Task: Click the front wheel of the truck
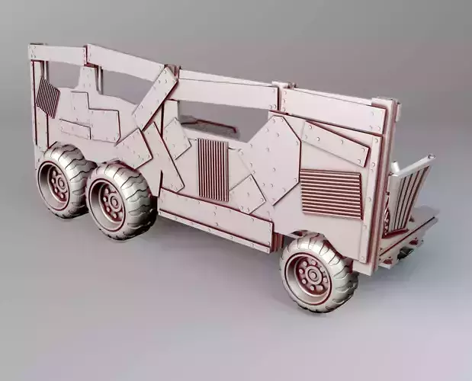319,272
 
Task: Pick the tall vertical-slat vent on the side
213,169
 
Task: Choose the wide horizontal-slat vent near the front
330,193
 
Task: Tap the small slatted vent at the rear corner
48,98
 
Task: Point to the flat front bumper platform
412,232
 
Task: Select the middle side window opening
217,122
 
